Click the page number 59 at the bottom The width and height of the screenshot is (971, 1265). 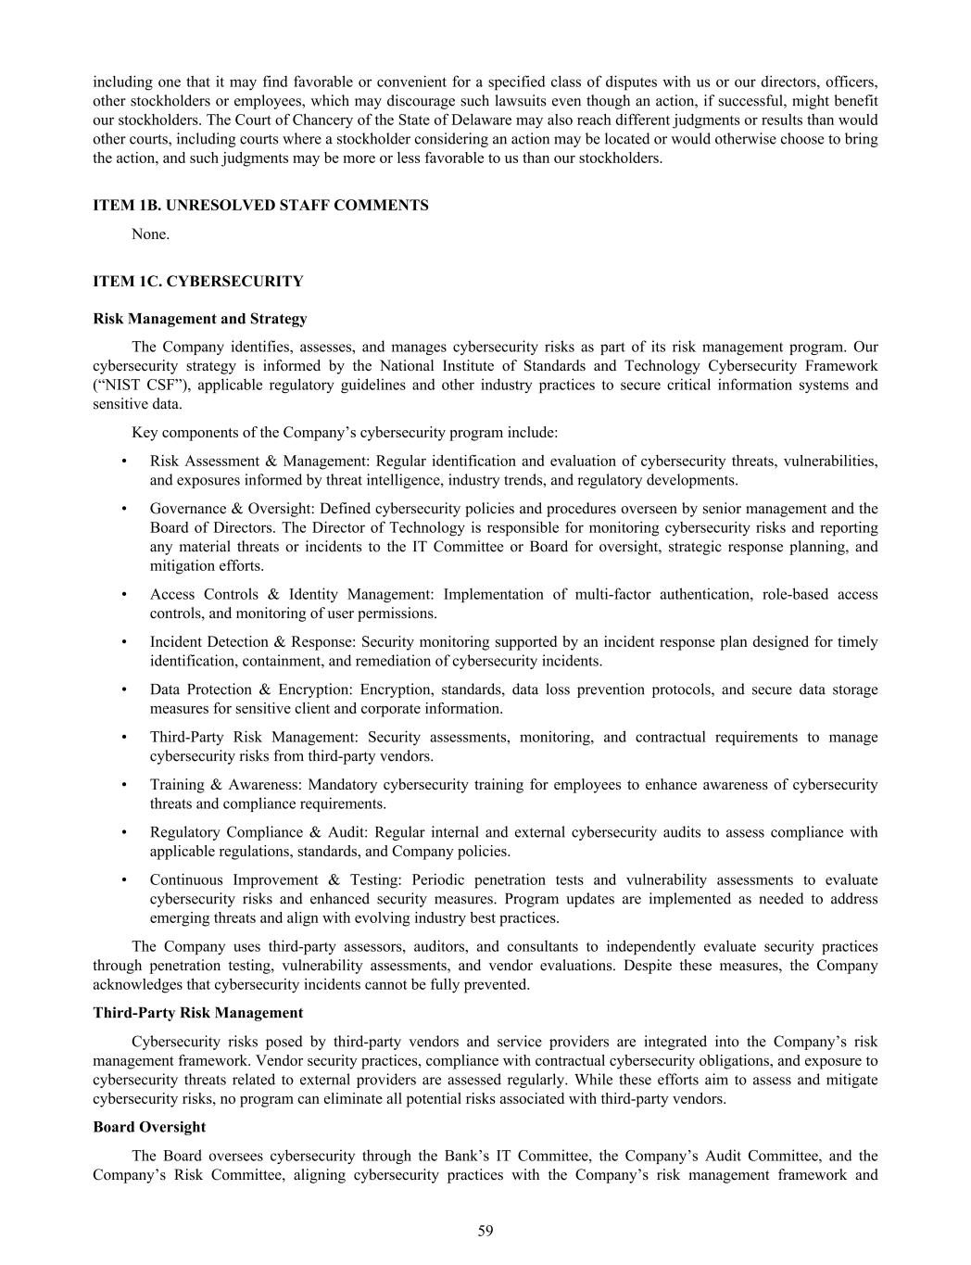[x=485, y=1231]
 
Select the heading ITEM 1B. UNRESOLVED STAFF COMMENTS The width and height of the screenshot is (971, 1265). [x=260, y=206]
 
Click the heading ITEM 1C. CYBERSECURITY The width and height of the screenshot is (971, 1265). [x=197, y=282]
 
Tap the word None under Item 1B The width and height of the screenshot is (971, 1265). [x=150, y=234]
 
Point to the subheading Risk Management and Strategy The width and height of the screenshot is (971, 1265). [x=199, y=319]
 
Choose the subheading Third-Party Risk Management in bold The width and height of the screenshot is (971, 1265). [x=197, y=1013]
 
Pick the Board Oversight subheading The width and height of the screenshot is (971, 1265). [x=149, y=1127]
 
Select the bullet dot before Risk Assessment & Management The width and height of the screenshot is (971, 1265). [x=124, y=462]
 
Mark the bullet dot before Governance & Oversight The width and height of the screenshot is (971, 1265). [x=124, y=509]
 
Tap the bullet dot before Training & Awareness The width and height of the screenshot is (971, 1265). [x=124, y=785]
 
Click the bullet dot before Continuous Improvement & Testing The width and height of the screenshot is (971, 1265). [x=124, y=880]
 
